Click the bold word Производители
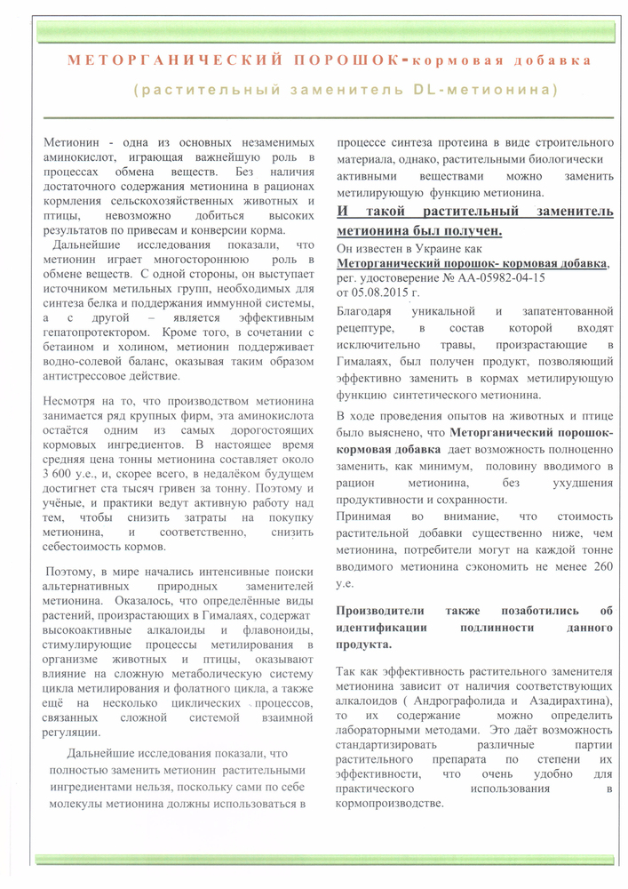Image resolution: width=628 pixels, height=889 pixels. point(383,613)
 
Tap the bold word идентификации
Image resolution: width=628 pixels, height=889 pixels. point(382,628)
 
